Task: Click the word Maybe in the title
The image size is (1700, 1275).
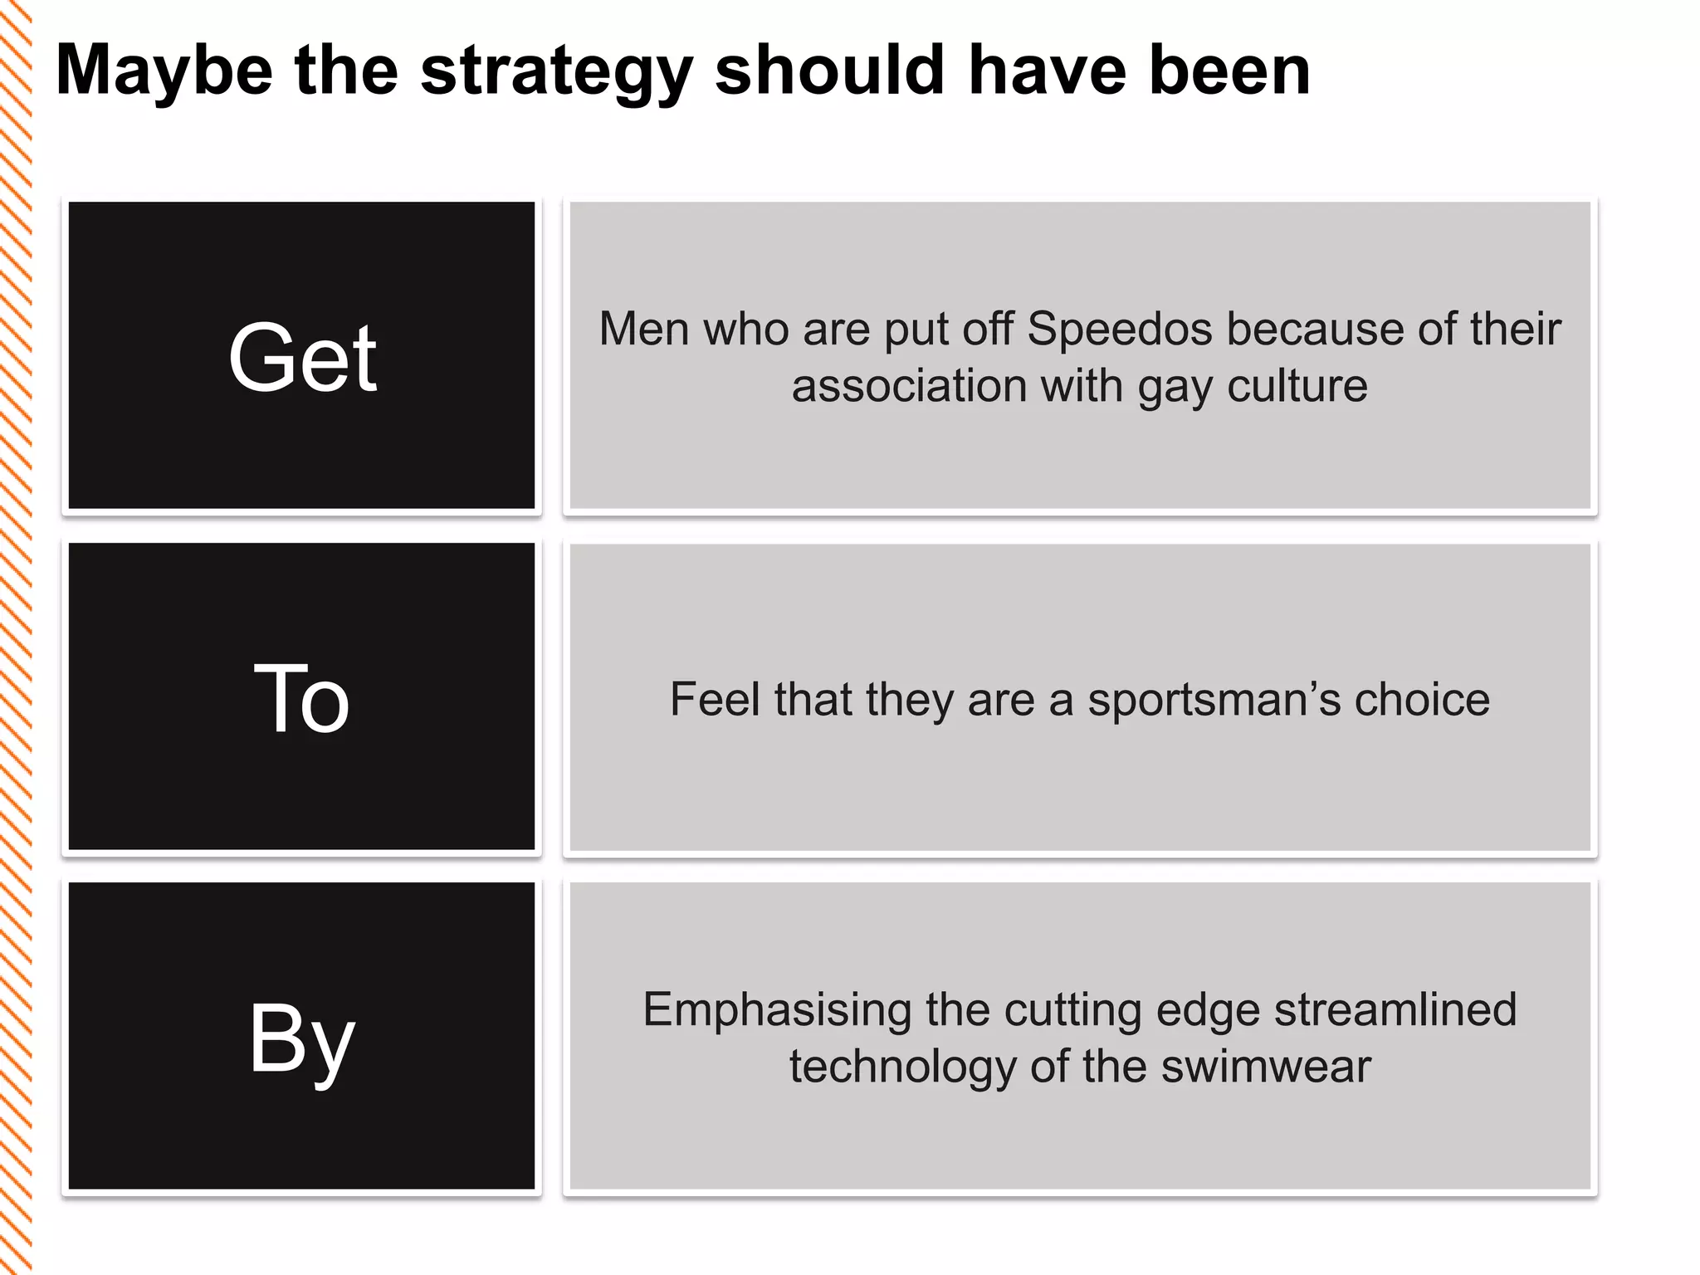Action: click(164, 71)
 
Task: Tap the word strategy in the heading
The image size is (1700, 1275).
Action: click(556, 71)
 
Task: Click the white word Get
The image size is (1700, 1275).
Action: click(302, 358)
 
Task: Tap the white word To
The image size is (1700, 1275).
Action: click(301, 699)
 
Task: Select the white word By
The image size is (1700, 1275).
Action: click(302, 1039)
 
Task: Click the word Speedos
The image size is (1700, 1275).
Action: click(1120, 329)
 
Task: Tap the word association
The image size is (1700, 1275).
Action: click(909, 386)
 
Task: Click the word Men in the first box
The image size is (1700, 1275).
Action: click(644, 329)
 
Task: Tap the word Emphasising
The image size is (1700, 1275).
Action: click(777, 1010)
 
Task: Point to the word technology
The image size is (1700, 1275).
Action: click(902, 1067)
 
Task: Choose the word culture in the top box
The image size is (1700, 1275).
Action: click(1297, 386)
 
